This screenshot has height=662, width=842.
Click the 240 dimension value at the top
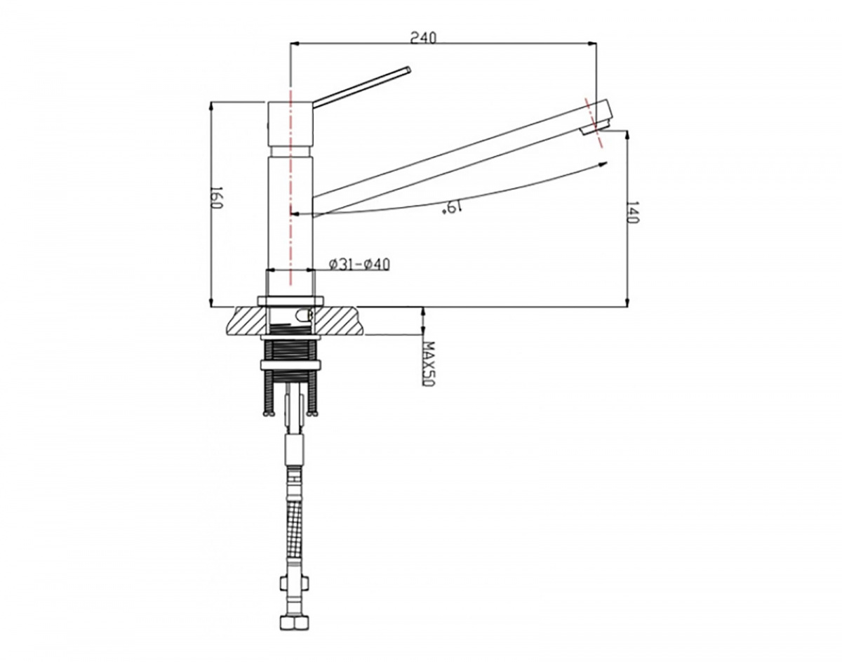tap(423, 38)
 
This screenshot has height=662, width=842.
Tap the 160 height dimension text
tap(216, 198)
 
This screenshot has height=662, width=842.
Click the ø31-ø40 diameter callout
tap(359, 265)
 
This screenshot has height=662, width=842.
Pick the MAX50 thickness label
tap(429, 364)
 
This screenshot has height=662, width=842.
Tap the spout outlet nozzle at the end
tap(596, 128)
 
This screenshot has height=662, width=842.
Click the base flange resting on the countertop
tap(290, 301)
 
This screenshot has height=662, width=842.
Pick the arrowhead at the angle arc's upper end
tap(603, 164)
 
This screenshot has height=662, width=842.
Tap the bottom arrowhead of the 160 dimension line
tap(211, 302)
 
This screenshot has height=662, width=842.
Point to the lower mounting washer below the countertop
tap(290, 365)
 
